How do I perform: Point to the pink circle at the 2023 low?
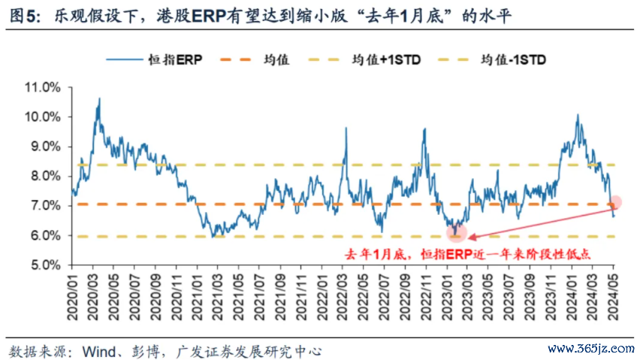[x=456, y=234]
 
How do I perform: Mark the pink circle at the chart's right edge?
[x=616, y=201]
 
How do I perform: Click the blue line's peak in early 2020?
[x=98, y=98]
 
